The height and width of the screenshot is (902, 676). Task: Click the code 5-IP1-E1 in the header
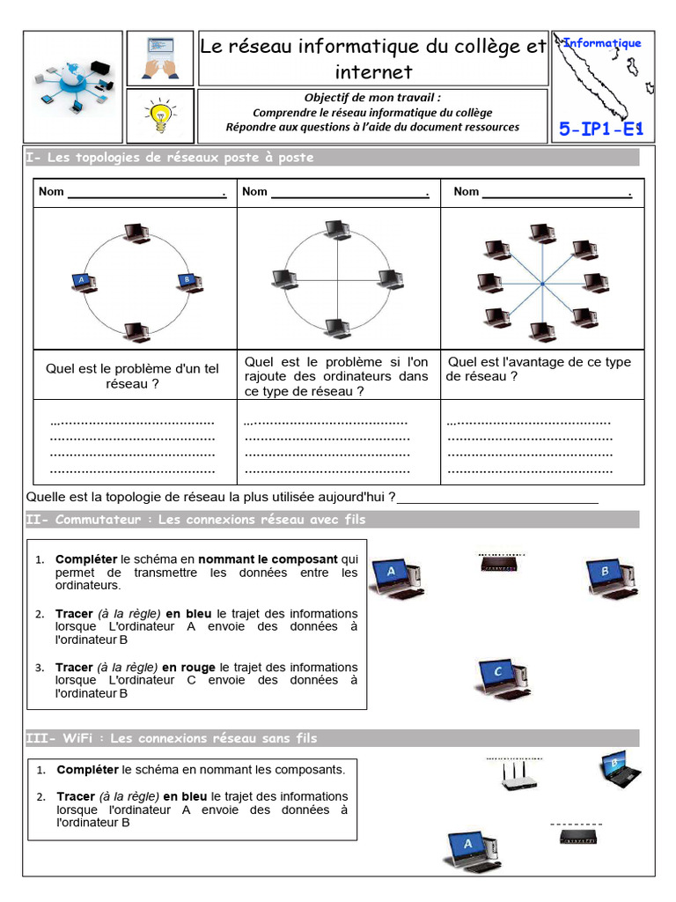tap(602, 130)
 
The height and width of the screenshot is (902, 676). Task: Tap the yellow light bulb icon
tap(159, 113)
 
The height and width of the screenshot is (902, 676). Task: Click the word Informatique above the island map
tap(602, 42)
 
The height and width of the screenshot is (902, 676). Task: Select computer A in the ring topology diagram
tap(84, 281)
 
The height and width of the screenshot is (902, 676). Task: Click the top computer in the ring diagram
tap(136, 232)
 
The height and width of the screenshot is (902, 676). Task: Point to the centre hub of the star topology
tap(542, 282)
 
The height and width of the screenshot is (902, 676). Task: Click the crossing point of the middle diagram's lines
tap(337, 279)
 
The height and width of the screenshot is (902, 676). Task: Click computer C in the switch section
tap(500, 676)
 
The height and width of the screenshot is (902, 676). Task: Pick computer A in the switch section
tap(393, 577)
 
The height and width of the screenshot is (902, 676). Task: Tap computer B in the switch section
tap(609, 577)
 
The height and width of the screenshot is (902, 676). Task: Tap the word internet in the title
tap(373, 71)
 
